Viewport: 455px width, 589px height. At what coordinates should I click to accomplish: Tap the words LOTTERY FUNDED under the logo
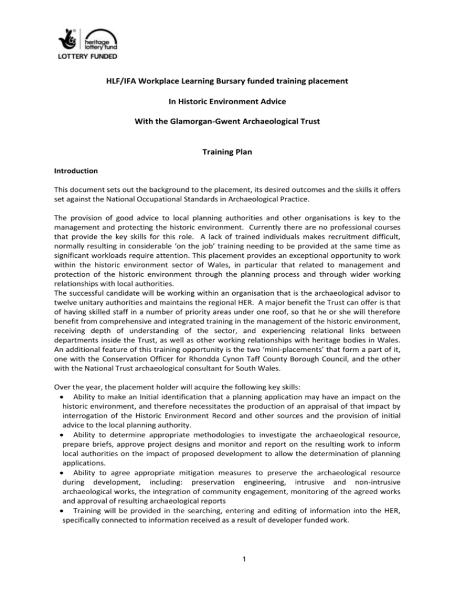click(86, 57)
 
